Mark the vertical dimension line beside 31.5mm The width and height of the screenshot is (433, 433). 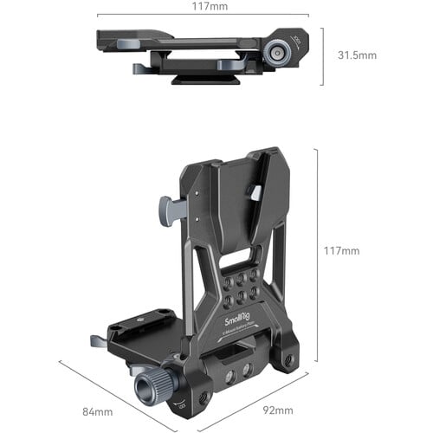coord(323,55)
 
